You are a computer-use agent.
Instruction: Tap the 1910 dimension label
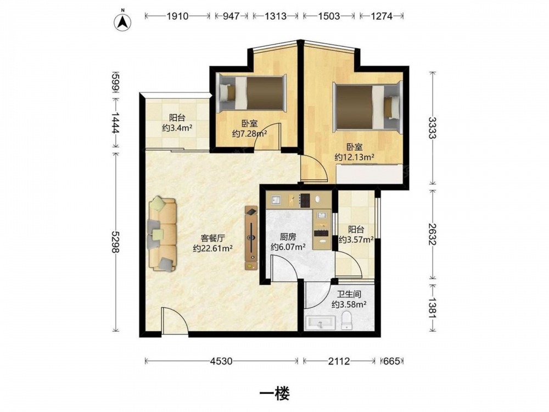click(177, 16)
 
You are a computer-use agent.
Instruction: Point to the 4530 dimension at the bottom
click(221, 361)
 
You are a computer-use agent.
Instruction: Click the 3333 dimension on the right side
click(433, 127)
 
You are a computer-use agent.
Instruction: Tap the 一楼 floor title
click(274, 394)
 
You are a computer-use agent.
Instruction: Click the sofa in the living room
click(162, 235)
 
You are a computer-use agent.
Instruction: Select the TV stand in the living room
click(251, 238)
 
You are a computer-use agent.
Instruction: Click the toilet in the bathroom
click(348, 320)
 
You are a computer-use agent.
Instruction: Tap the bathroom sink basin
click(321, 323)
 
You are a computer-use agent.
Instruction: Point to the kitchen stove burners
click(305, 200)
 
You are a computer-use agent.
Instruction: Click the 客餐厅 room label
click(212, 238)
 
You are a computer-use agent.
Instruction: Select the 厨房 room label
click(288, 236)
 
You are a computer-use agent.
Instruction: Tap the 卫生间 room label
click(349, 294)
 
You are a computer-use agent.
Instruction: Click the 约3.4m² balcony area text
click(177, 128)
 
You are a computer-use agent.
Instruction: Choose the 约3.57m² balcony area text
click(356, 240)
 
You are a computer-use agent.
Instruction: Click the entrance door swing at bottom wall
click(175, 321)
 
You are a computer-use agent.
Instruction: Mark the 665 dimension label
click(391, 361)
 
